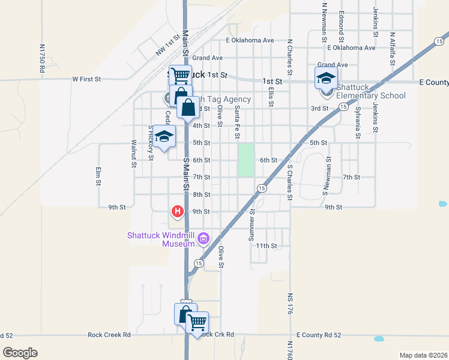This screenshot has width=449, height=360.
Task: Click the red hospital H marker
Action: coord(178,211)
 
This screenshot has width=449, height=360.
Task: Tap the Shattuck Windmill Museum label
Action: coord(161,239)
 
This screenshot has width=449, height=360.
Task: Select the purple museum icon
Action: coord(204,239)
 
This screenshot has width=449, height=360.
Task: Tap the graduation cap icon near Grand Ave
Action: coord(326,78)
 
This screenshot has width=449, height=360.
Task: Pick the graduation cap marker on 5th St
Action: coord(164,136)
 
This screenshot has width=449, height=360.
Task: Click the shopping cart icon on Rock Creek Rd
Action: coord(197,323)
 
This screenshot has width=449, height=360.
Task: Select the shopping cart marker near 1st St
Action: coord(179,76)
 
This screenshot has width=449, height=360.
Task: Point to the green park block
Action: coord(246,160)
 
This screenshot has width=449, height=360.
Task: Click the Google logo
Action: coord(20,353)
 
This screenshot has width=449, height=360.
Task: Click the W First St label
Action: coord(86,79)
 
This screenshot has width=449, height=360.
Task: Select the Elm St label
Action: coord(97,176)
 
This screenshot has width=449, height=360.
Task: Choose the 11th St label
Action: coord(266,246)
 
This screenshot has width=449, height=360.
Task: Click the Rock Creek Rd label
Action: coord(109,335)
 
